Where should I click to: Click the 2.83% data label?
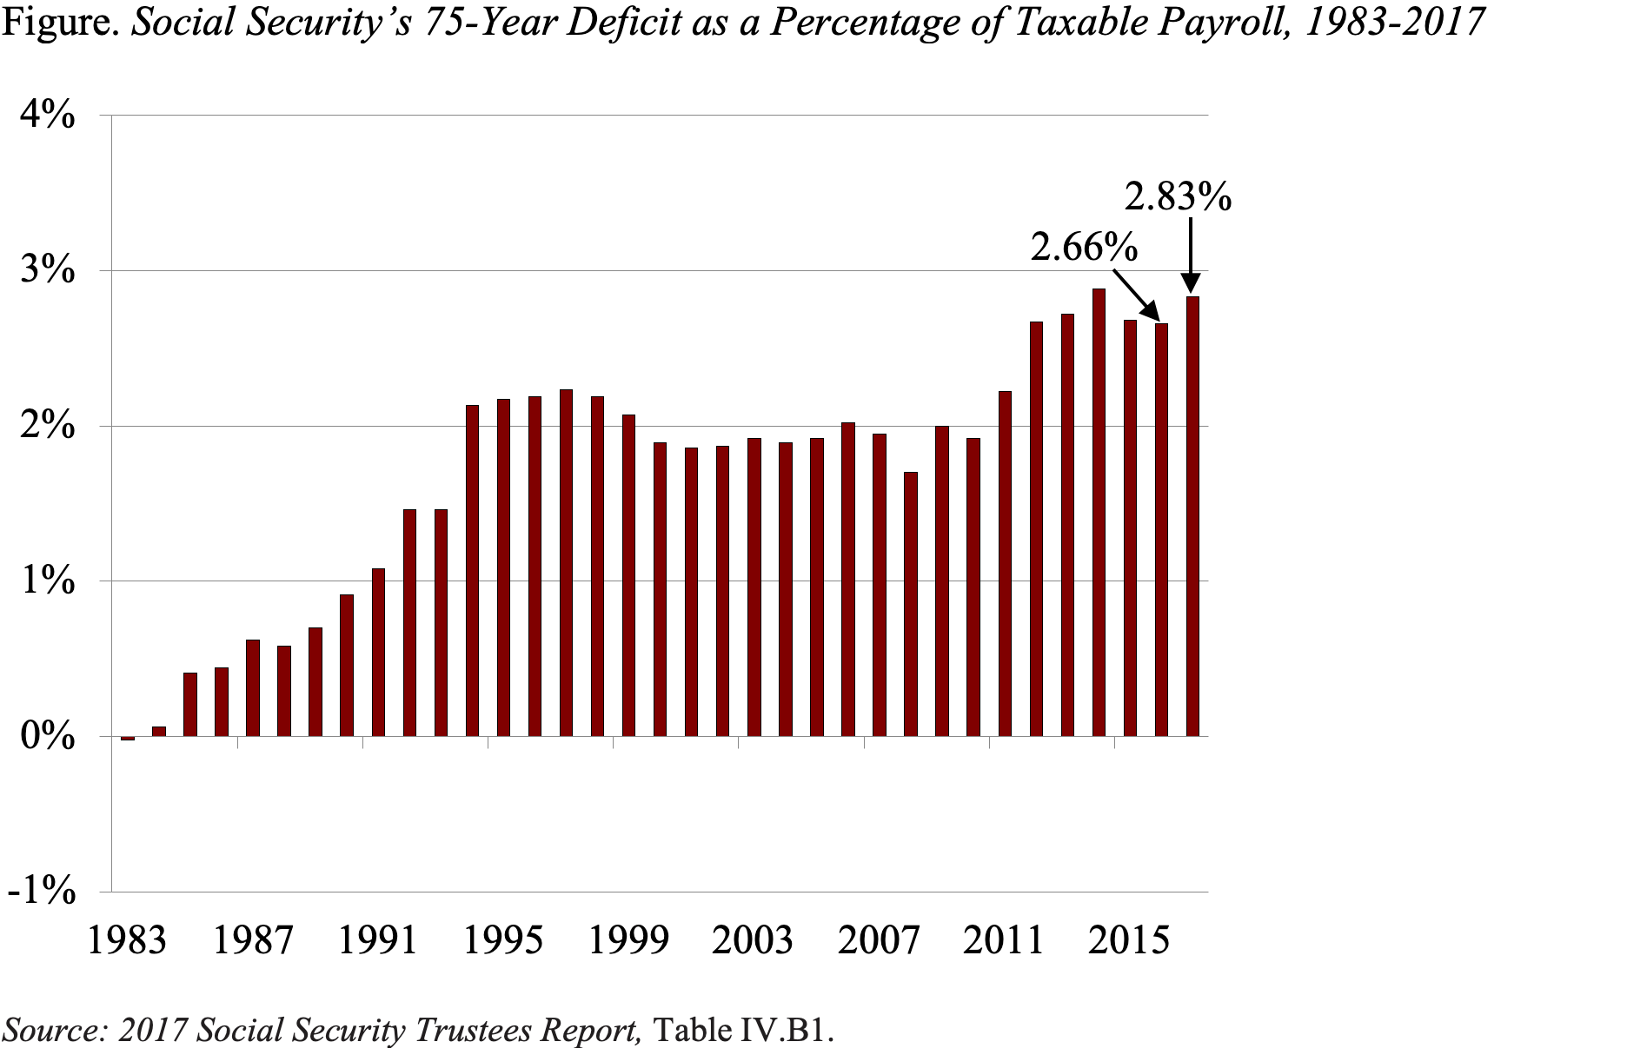pos(1178,197)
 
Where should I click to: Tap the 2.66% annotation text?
pos(1084,248)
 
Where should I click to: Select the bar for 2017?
pos(1192,516)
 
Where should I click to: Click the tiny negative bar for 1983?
pos(128,739)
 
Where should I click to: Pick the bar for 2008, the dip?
pos(911,604)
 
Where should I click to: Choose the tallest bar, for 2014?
pos(1099,513)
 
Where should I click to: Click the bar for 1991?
pos(378,653)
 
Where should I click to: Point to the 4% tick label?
pos(49,116)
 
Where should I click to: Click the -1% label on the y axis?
pos(42,891)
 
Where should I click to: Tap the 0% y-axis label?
pos(49,736)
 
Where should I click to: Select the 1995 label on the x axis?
pos(502,940)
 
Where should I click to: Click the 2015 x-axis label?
pos(1128,940)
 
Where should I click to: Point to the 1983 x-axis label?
pos(127,940)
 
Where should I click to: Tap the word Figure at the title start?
pos(59,22)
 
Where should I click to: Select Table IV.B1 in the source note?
pos(742,1030)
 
